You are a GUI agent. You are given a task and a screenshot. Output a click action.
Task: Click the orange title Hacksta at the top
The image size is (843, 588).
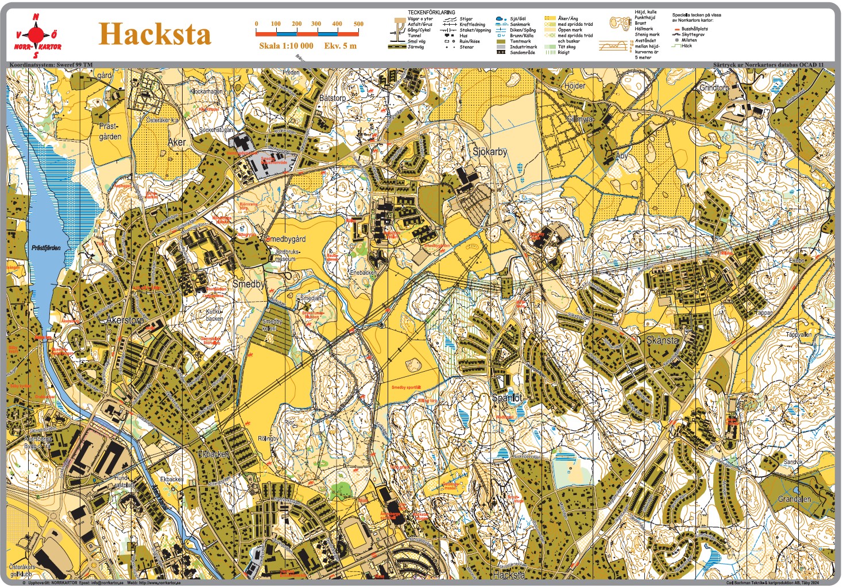pyautogui.click(x=155, y=34)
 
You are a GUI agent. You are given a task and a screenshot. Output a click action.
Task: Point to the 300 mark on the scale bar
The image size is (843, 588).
pyautogui.click(x=316, y=24)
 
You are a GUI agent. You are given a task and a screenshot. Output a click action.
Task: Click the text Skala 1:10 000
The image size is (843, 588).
pyautogui.click(x=286, y=46)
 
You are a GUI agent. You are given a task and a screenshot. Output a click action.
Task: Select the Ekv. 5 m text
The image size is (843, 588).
pyautogui.click(x=340, y=46)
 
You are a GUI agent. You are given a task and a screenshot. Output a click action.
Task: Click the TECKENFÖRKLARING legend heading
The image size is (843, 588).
pyautogui.click(x=431, y=12)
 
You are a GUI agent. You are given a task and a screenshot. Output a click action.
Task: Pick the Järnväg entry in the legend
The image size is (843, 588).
pyautogui.click(x=416, y=47)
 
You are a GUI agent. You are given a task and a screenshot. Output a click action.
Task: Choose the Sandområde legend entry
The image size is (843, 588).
pyautogui.click(x=522, y=52)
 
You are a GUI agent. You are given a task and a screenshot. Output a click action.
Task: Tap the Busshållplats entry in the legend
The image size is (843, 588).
pyautogui.click(x=694, y=29)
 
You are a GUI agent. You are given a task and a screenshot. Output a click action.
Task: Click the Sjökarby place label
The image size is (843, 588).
pyautogui.click(x=490, y=152)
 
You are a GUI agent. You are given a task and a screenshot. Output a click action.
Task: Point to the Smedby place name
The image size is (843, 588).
pyautogui.click(x=249, y=284)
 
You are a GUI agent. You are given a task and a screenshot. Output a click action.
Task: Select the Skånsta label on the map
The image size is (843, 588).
pyautogui.click(x=662, y=340)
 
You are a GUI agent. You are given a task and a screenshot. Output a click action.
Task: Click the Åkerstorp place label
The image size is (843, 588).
pyautogui.click(x=125, y=320)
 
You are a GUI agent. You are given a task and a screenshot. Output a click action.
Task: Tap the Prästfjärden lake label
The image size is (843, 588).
pyautogui.click(x=46, y=248)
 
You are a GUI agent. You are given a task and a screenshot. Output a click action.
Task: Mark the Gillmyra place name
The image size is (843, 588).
pyautogui.click(x=580, y=119)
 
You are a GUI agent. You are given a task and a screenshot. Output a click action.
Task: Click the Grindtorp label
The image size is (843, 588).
pyautogui.click(x=714, y=88)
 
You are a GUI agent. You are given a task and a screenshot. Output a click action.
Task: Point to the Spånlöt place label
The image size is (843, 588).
pyautogui.click(x=507, y=398)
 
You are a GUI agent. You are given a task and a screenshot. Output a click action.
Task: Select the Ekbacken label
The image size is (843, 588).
pyautogui.click(x=214, y=454)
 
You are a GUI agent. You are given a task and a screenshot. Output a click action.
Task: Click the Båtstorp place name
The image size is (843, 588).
pyautogui.click(x=332, y=98)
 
